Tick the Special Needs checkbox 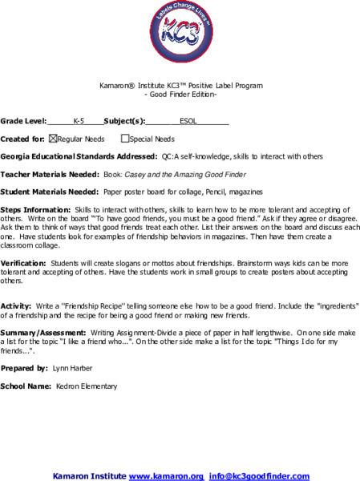(x=125, y=139)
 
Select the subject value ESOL (x=188, y=122)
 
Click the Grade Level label (x=23, y=122)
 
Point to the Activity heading (x=15, y=306)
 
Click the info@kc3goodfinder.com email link (x=260, y=475)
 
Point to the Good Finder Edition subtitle (x=180, y=94)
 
